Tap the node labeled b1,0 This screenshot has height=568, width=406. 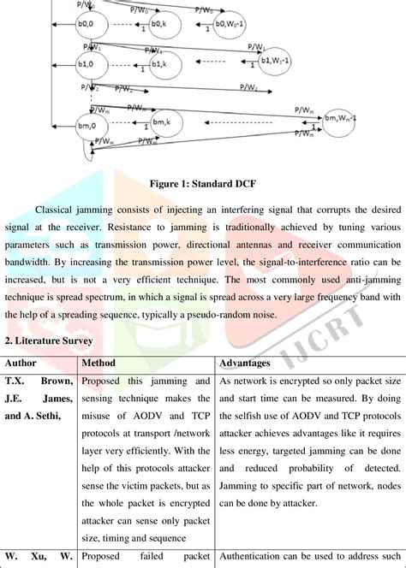coord(86,64)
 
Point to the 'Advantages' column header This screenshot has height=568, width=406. coord(248,363)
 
